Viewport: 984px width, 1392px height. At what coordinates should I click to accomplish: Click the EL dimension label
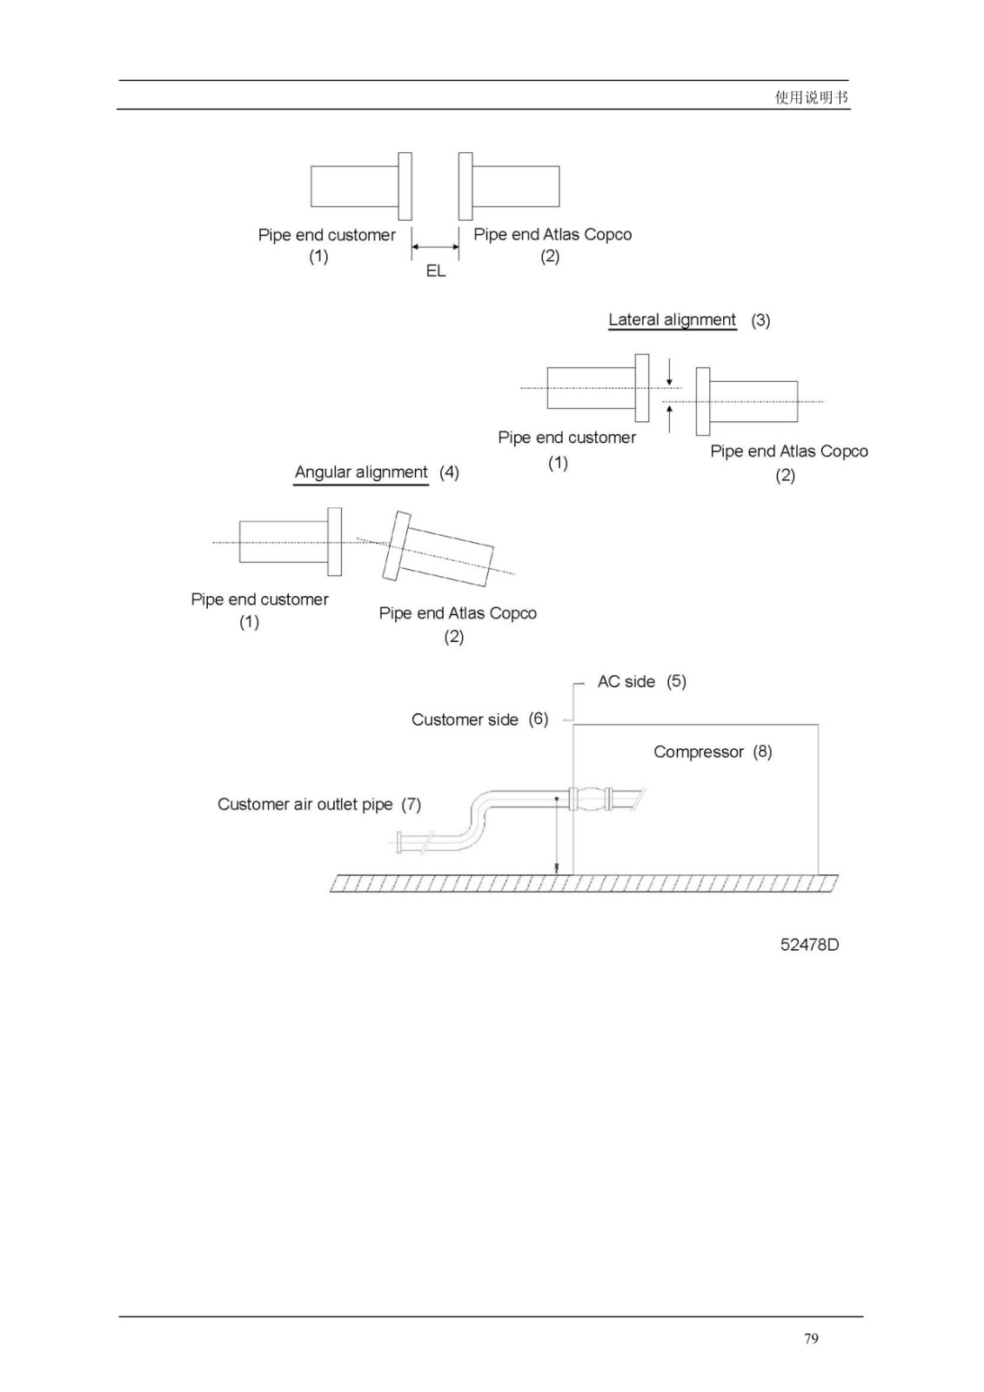pyautogui.click(x=436, y=271)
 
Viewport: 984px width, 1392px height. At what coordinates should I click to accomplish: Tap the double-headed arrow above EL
pyautogui.click(x=435, y=247)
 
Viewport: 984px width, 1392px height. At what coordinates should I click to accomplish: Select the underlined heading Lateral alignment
pyautogui.click(x=672, y=319)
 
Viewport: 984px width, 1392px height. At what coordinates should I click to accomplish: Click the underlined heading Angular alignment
pyautogui.click(x=361, y=472)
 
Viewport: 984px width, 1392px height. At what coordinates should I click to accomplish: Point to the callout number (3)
pyautogui.click(x=761, y=320)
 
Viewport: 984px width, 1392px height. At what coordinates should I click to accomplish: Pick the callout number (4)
pyautogui.click(x=450, y=472)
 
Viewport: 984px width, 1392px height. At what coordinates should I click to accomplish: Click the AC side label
pyautogui.click(x=626, y=682)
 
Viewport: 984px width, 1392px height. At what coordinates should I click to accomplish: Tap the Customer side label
pyautogui.click(x=465, y=719)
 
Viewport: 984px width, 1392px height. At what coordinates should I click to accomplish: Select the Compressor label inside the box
pyautogui.click(x=698, y=752)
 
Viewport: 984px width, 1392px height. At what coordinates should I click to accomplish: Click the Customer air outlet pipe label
pyautogui.click(x=305, y=804)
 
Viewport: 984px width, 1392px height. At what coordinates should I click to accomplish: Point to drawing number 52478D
pyautogui.click(x=809, y=945)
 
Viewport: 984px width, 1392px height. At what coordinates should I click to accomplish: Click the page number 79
pyautogui.click(x=811, y=1338)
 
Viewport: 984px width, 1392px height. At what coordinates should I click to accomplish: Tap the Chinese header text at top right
pyautogui.click(x=811, y=97)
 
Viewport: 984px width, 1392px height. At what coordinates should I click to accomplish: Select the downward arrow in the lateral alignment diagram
pyautogui.click(x=669, y=371)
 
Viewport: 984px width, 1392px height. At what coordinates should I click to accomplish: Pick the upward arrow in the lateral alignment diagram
pyautogui.click(x=669, y=418)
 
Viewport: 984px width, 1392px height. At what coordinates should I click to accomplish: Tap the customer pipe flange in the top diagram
pyautogui.click(x=405, y=186)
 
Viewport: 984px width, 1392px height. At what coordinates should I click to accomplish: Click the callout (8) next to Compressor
pyautogui.click(x=763, y=752)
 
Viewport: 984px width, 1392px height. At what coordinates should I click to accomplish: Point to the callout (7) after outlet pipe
pyautogui.click(x=411, y=805)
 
